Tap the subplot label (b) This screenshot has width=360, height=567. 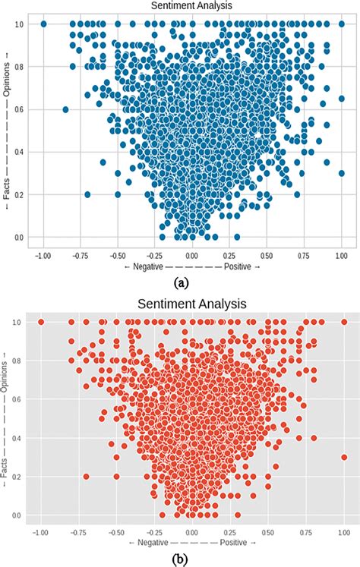point(181,559)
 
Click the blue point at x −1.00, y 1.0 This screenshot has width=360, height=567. point(43,24)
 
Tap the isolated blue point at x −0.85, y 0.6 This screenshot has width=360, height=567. point(65,109)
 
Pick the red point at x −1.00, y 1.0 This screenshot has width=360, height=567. point(40,322)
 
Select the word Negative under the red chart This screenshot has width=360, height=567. point(148,543)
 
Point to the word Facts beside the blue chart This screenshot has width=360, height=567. point(7,191)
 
